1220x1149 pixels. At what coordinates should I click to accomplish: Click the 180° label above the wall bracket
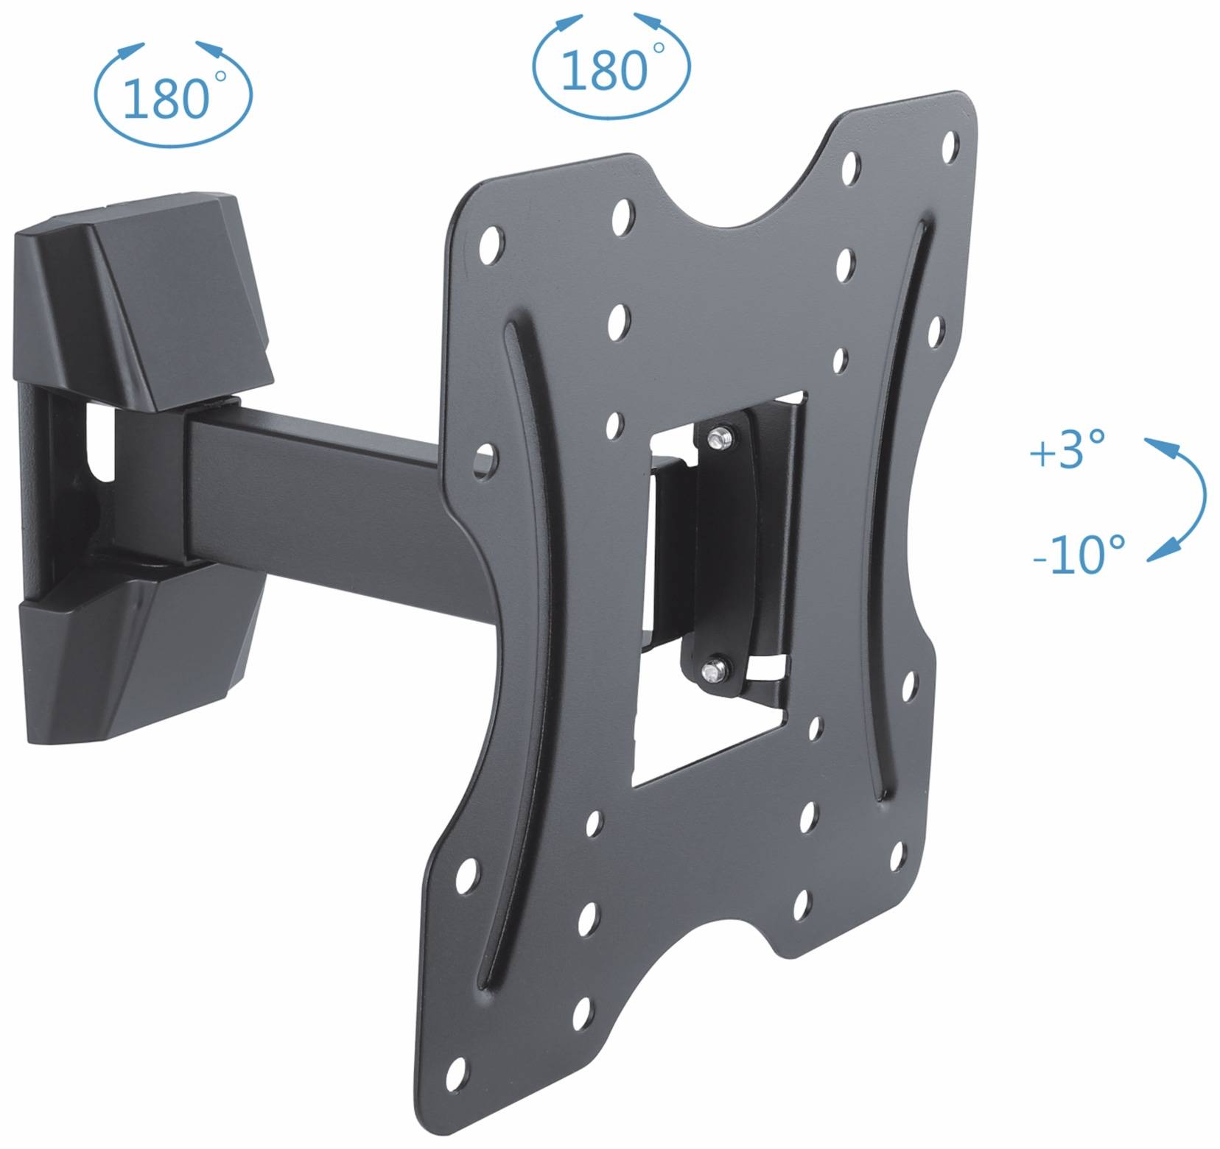(166, 99)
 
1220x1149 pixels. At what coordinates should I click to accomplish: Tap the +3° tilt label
(1067, 451)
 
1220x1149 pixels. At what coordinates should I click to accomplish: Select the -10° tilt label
(1079, 554)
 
